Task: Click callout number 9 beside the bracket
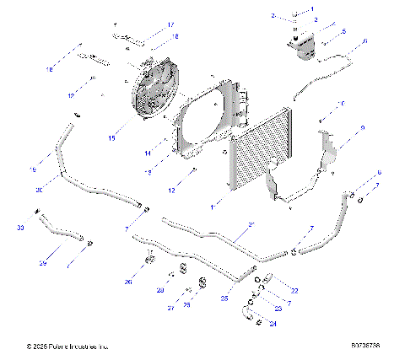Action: (362, 127)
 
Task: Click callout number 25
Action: (225, 298)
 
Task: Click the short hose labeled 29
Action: (66, 236)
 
